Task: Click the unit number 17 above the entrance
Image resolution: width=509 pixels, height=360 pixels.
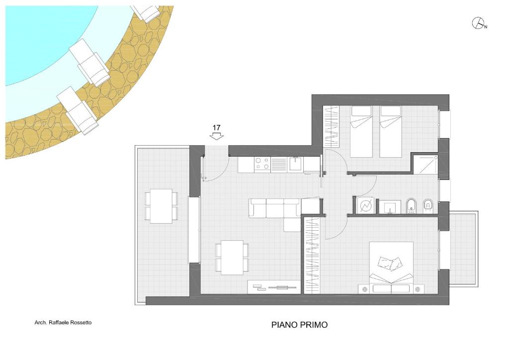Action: coord(217,128)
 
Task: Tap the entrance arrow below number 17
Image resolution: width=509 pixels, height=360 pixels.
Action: coord(217,137)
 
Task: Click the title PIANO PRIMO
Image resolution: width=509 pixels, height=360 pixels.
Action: coord(299,325)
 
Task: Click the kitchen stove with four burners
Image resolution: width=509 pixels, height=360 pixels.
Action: coord(262,164)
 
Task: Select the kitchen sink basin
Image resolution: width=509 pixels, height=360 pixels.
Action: coord(296,164)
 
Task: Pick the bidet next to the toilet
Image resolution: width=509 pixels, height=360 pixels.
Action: coord(411,206)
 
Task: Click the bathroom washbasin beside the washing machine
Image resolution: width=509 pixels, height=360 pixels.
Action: coord(390,207)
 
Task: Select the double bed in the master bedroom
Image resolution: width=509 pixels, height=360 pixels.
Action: coord(391,268)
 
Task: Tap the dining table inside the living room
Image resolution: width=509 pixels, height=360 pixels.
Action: coord(233,258)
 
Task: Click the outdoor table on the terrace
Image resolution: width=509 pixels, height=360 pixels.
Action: coord(162,206)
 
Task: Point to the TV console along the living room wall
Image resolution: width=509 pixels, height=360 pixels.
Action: coord(274,287)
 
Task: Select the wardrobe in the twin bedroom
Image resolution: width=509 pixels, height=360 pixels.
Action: coord(331,127)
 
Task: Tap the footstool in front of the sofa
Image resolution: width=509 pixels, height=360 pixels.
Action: coord(292,225)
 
